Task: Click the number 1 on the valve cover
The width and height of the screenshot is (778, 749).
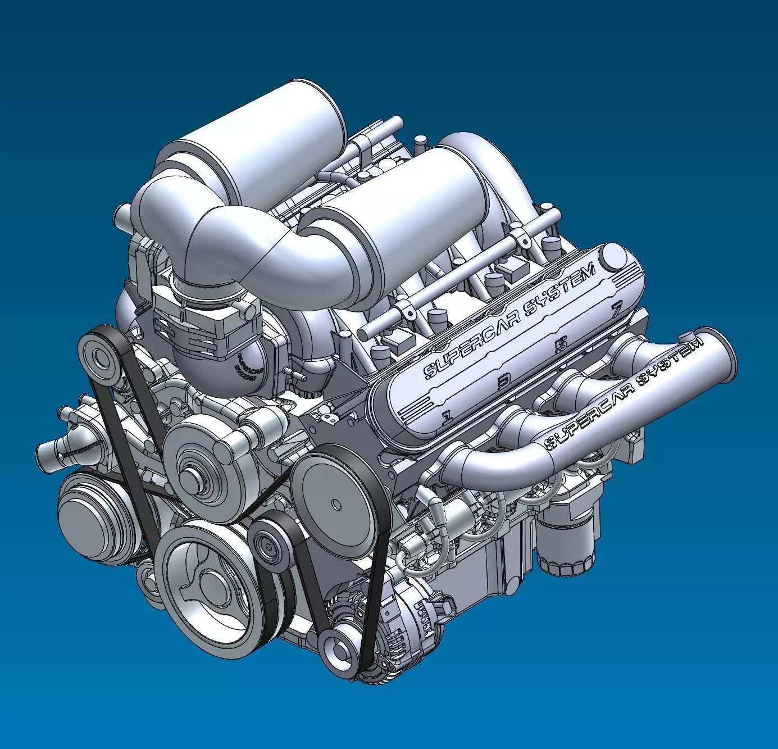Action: click(447, 416)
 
